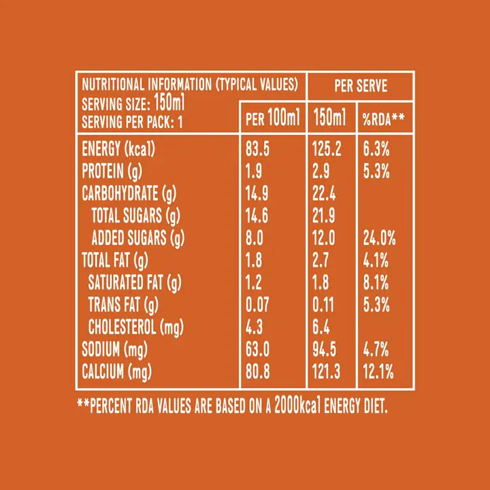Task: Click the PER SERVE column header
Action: coord(361,86)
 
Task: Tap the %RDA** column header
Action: coord(384,119)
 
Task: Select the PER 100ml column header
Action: coord(272,119)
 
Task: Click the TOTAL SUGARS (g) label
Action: coord(135,216)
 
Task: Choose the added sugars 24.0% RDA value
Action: coord(379,239)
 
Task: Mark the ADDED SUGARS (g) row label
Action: coord(138,239)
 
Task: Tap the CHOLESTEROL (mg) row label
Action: coord(132,327)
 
